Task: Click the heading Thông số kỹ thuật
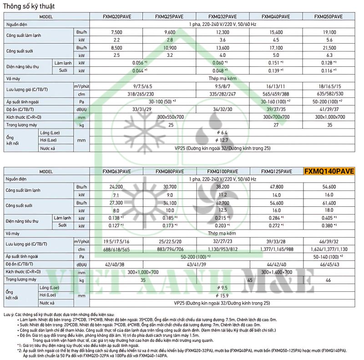28,5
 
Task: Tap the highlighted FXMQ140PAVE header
329,171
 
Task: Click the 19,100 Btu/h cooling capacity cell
329,32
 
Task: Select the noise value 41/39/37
329,109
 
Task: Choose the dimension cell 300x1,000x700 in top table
329,117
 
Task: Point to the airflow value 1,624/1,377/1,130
329,249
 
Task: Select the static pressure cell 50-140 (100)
329,256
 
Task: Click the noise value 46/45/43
329,264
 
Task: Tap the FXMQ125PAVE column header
277,171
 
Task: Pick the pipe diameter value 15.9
223,295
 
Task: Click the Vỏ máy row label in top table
14,78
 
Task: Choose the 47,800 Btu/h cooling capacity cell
277,187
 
